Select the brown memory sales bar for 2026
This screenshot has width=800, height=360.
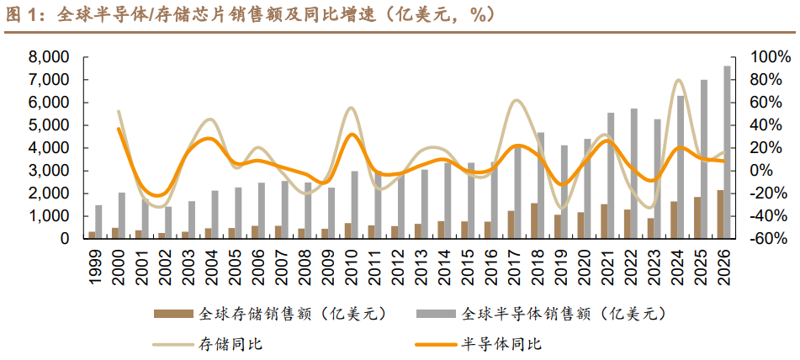720,214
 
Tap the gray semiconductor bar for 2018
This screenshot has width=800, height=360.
541,185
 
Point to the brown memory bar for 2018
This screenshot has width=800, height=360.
534,220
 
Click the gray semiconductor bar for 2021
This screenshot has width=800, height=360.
611,176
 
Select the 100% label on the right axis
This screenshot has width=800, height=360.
771,57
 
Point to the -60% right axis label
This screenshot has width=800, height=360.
770,239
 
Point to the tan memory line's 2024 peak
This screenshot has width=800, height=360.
679,81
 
